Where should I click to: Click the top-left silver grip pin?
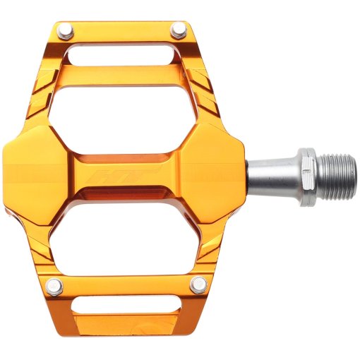pos(66,31)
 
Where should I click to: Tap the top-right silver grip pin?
pos(179,30)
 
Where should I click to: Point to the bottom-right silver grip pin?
pos(200,285)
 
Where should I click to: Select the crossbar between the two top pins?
pos(122,32)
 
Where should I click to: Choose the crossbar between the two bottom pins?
pos(126,284)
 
